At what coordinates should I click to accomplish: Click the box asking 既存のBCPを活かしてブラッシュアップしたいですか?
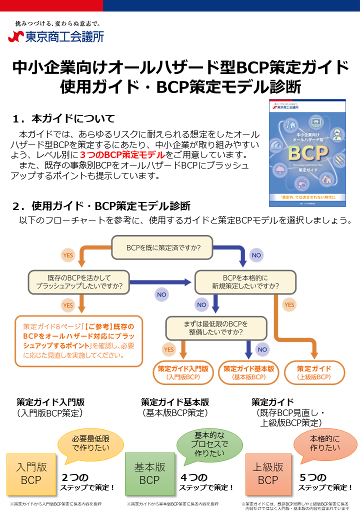coord(79,282)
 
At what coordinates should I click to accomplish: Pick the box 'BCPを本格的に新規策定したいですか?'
coord(244,282)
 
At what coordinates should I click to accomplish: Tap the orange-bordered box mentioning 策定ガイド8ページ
coord(79,340)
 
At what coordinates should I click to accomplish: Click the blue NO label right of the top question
coord(256,255)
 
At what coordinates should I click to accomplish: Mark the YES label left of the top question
coord(68,255)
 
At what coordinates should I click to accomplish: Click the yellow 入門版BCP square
coord(31,473)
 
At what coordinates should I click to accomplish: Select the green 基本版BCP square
coord(149,473)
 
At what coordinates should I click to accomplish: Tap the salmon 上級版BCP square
coord(268,473)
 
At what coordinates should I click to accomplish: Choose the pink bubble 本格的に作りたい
coord(325,443)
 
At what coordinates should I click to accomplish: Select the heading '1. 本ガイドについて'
coord(64,119)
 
